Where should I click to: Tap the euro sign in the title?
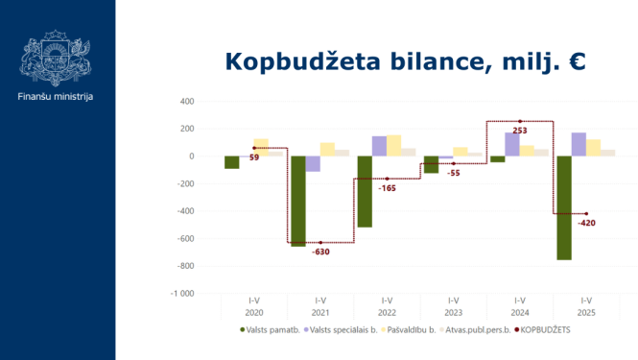[x=576, y=61]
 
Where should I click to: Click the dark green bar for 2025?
[x=564, y=207]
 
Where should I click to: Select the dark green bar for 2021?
[x=298, y=201]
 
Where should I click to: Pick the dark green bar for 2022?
[x=365, y=191]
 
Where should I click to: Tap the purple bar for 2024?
[x=511, y=144]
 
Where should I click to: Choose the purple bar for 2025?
[x=579, y=144]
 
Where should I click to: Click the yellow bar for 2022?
[x=393, y=145]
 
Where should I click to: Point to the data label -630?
[x=320, y=252]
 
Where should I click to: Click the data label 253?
[x=520, y=130]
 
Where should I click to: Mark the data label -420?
[x=586, y=223]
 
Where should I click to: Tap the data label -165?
[x=387, y=188]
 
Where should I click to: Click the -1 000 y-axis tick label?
[x=181, y=293]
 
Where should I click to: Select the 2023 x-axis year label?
[x=453, y=313]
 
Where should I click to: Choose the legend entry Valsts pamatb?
[x=271, y=329]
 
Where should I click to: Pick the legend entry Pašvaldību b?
[x=410, y=329]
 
